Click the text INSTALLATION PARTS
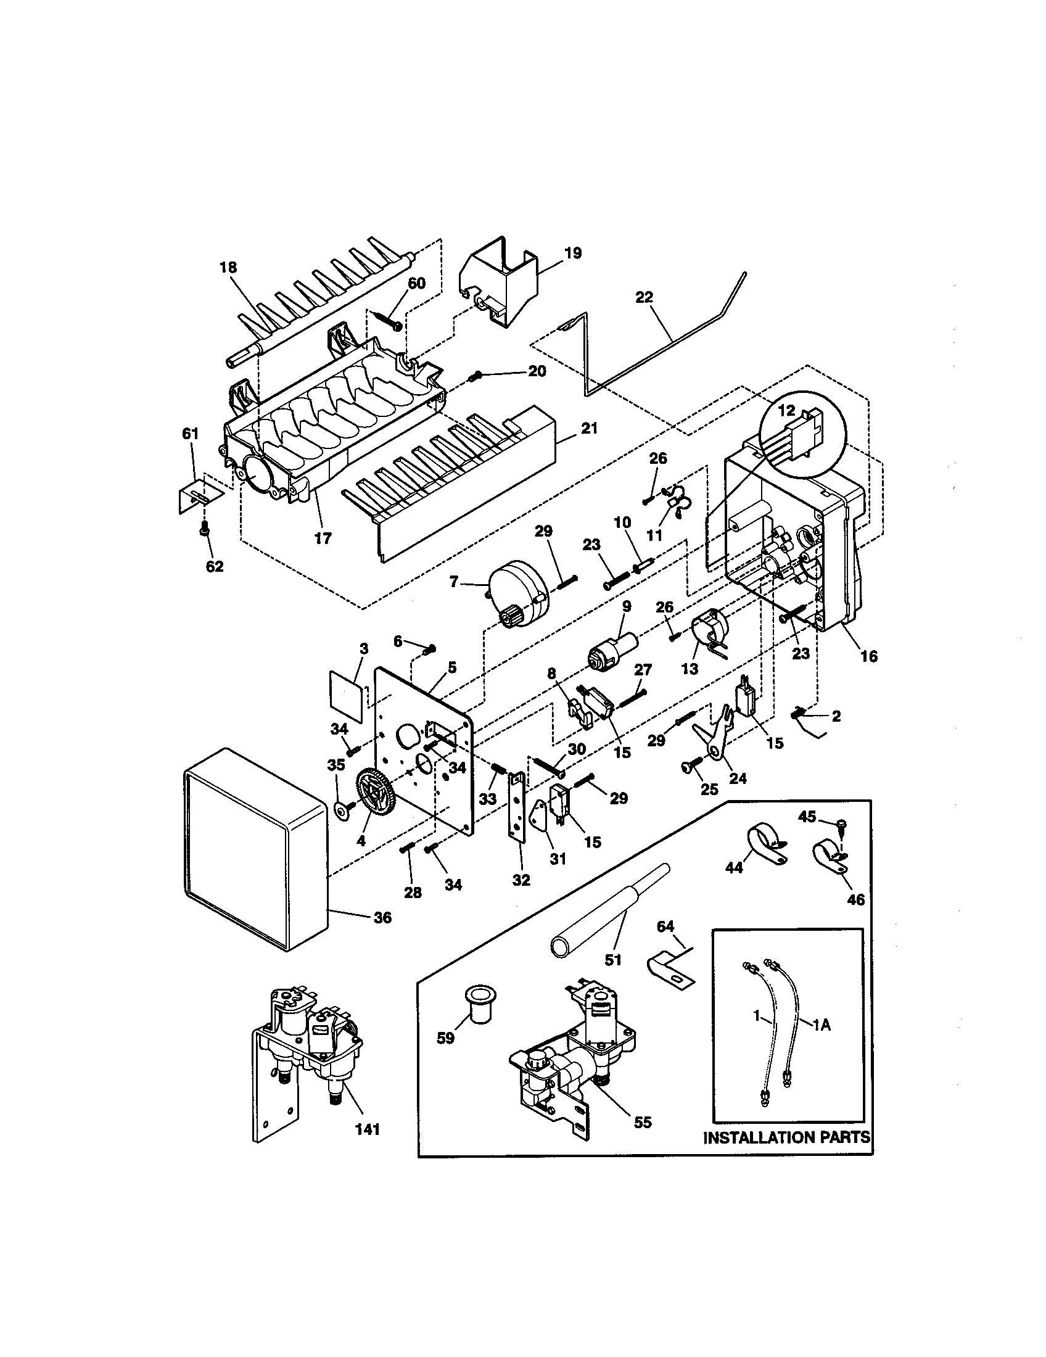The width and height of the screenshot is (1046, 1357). click(786, 1137)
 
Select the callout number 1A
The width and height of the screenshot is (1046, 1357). click(821, 1026)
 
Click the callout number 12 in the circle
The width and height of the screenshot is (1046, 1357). click(786, 411)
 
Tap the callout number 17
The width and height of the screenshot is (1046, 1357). click(323, 538)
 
